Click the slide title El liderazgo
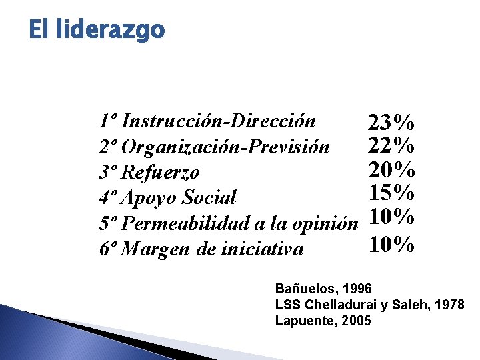click(x=97, y=30)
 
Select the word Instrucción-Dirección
click(x=219, y=121)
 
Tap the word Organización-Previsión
click(x=226, y=147)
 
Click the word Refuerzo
click(x=161, y=173)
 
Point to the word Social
click(x=209, y=198)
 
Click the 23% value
click(x=392, y=123)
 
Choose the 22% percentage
click(x=392, y=144)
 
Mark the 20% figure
click(x=392, y=168)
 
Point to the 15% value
click(x=392, y=193)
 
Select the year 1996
click(x=351, y=289)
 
